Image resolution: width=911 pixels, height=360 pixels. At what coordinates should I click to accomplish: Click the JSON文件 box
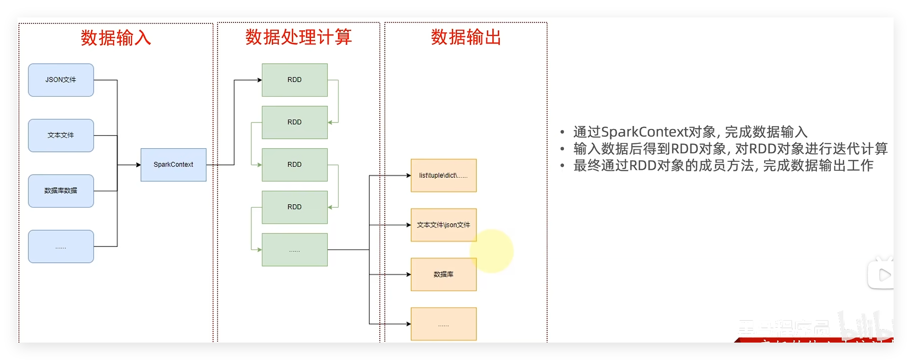click(x=61, y=80)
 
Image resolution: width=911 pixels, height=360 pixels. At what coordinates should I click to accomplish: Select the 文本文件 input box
click(x=61, y=135)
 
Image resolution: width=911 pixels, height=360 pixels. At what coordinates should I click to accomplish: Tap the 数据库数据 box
click(x=61, y=191)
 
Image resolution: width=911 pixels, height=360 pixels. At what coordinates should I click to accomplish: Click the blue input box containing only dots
click(x=61, y=246)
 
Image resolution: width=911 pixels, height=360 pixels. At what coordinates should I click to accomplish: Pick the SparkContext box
click(x=173, y=165)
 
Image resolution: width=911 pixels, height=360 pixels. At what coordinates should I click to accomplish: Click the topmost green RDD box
click(x=294, y=80)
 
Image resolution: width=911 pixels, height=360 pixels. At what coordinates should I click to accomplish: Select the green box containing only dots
click(x=294, y=250)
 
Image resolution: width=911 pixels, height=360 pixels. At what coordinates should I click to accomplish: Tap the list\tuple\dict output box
click(x=443, y=175)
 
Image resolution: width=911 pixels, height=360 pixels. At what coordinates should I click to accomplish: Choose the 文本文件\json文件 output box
click(x=443, y=225)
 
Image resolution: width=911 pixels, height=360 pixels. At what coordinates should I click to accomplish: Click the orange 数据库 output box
click(x=443, y=274)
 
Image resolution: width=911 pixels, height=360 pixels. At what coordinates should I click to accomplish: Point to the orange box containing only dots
click(x=443, y=324)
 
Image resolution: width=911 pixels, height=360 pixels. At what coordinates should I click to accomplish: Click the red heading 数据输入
click(x=115, y=38)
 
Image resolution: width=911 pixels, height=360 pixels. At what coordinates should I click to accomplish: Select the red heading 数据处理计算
click(x=298, y=37)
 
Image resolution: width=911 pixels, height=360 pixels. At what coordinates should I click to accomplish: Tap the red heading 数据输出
click(x=465, y=37)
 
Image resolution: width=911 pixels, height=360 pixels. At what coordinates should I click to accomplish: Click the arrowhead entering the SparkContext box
click(x=138, y=165)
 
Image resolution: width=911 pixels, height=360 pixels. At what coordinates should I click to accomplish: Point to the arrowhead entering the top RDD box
click(x=259, y=80)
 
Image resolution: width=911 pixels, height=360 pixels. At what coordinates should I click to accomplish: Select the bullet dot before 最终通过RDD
click(x=562, y=166)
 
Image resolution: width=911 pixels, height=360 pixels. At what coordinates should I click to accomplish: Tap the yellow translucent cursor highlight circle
click(x=492, y=250)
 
